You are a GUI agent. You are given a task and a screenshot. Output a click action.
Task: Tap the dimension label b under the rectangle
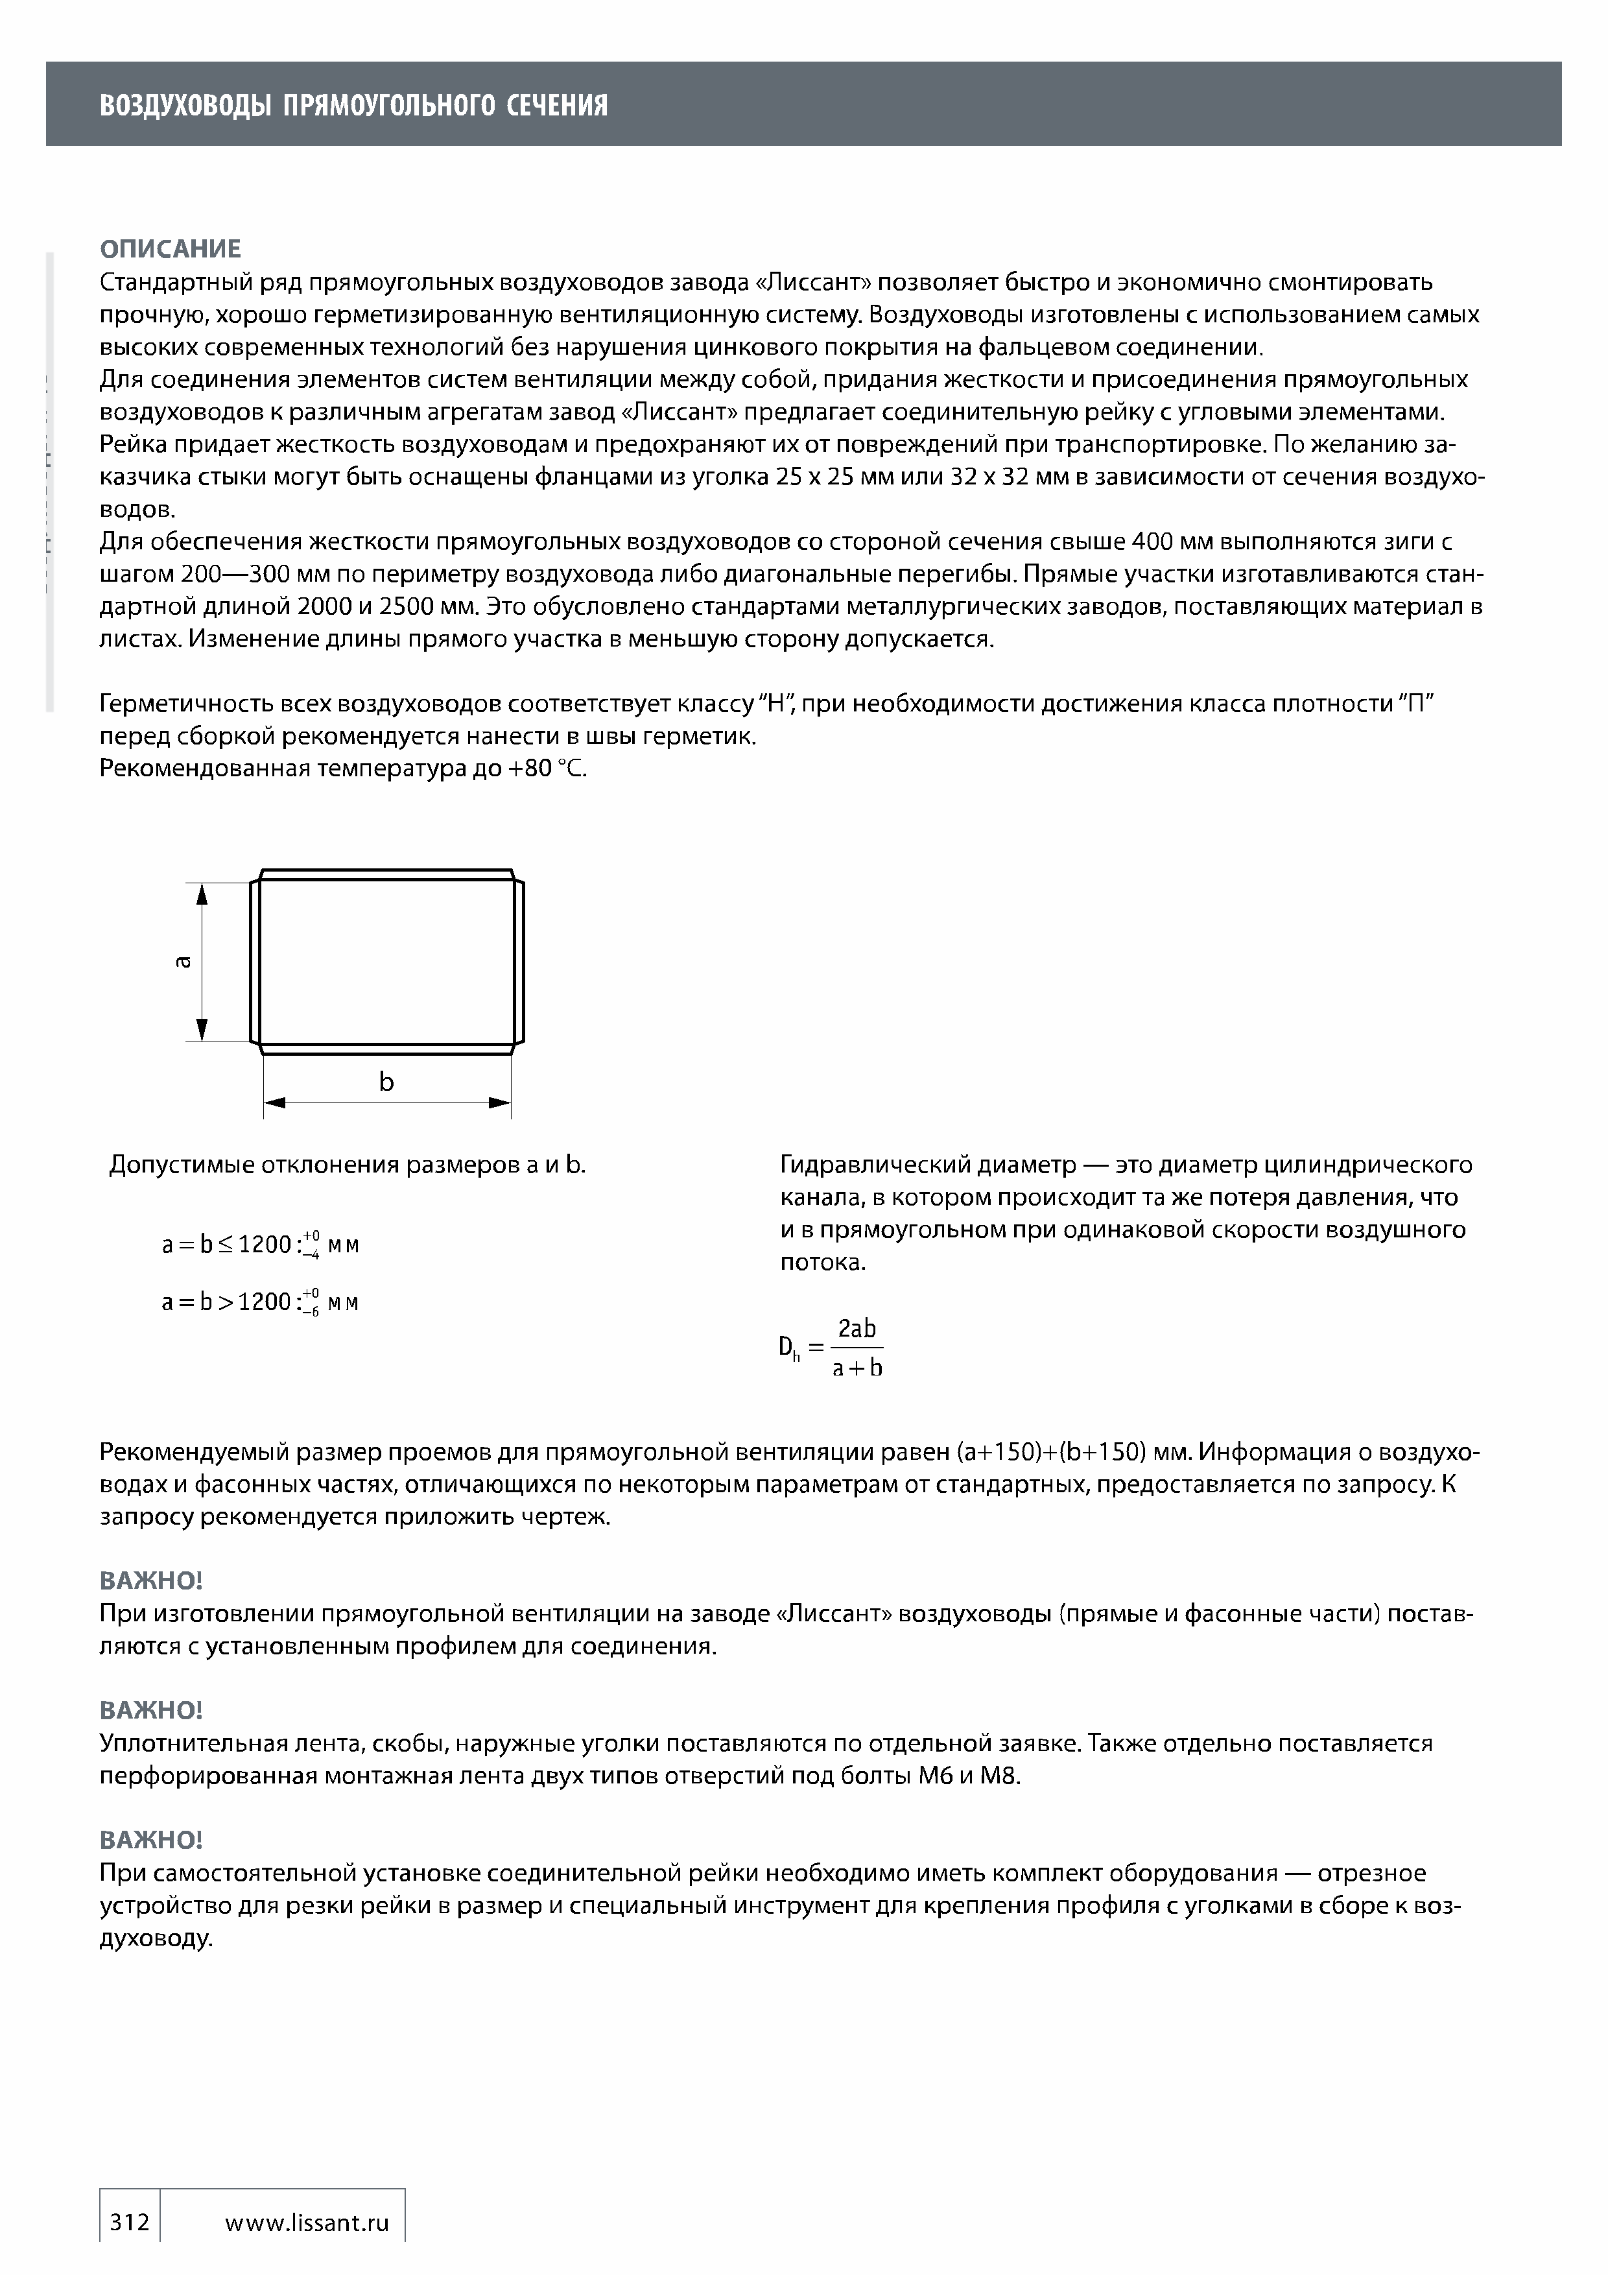[386, 1082]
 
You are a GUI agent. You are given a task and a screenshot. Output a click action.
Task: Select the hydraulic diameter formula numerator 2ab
[857, 1329]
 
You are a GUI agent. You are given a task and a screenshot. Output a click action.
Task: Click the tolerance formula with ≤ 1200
[259, 1245]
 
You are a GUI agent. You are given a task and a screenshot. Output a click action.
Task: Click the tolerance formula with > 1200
[259, 1302]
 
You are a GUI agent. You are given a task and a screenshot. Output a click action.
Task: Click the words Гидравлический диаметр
[927, 1165]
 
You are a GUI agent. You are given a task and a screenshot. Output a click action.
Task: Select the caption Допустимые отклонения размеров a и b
[347, 1165]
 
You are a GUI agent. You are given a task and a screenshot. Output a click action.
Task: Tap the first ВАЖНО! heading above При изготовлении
[150, 1581]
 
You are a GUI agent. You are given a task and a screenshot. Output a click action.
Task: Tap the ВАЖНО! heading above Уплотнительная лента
[150, 1710]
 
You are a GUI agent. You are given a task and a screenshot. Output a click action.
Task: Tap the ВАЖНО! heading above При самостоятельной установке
[150, 1840]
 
